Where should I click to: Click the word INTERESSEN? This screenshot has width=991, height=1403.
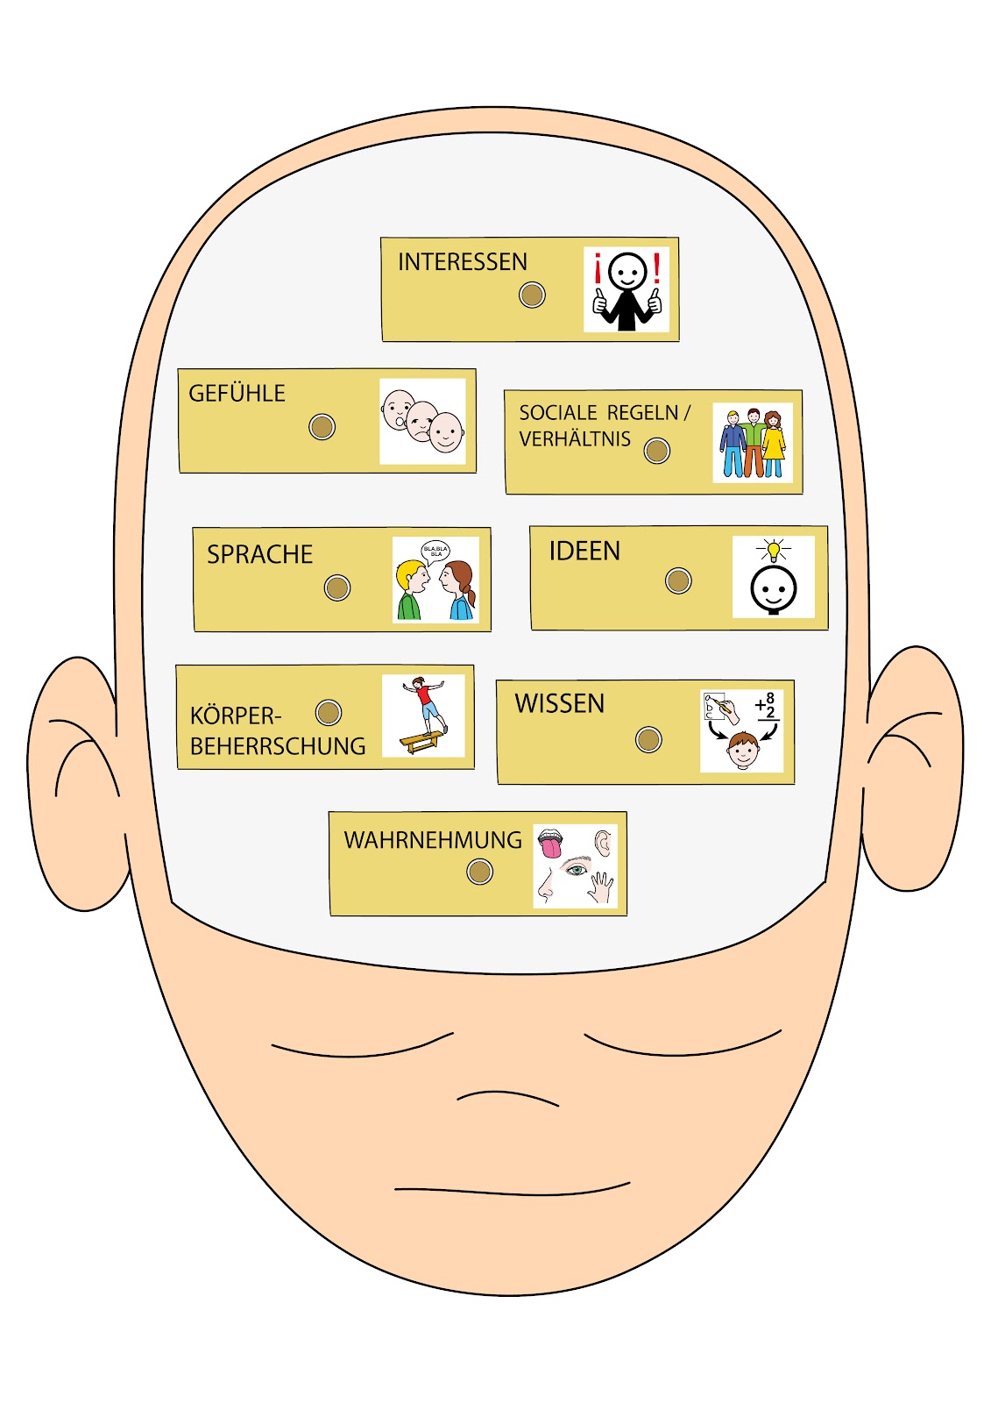pos(463,262)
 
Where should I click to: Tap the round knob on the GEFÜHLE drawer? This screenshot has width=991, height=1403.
pos(322,427)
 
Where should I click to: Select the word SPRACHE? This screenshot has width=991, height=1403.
pos(259,554)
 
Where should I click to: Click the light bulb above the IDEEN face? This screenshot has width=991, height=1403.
pos(773,551)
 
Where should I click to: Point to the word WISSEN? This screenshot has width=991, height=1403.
pos(559,703)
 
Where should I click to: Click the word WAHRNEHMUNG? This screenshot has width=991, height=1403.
pos(433,840)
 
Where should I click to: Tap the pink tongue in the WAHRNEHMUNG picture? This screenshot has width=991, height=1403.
pos(551,847)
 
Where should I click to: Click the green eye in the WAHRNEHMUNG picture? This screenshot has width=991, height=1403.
pos(576,870)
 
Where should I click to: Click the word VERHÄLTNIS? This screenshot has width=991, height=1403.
pos(575,439)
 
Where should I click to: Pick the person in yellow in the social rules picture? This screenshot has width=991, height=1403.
pos(773,443)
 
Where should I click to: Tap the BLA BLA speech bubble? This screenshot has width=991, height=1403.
pos(435,552)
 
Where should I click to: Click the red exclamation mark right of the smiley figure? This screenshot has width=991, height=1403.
pos(656,268)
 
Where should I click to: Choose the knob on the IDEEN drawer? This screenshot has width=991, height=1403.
pos(678,580)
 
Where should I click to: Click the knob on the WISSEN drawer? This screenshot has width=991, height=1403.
pos(648,740)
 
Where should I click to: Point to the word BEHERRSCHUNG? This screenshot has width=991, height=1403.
pos(278,746)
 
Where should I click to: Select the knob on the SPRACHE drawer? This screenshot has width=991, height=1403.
pos(337,588)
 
